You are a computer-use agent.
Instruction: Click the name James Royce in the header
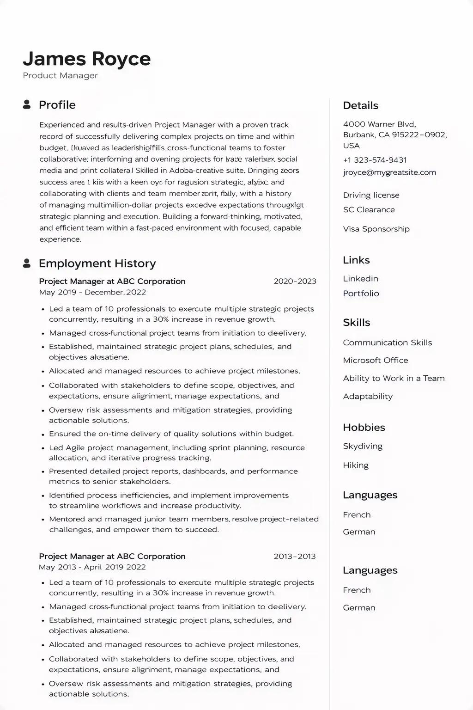[x=86, y=59]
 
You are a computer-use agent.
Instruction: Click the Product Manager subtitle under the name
[x=60, y=75]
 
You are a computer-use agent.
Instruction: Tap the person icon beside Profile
[x=27, y=104]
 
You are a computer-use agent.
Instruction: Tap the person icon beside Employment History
[x=27, y=263]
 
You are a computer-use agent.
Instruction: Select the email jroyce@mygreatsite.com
[x=389, y=172]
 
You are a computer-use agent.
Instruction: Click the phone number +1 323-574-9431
[x=375, y=160]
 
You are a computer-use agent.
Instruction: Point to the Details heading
[x=360, y=105]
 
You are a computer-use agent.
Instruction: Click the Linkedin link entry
[x=360, y=279]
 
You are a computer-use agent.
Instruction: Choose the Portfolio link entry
[x=361, y=294]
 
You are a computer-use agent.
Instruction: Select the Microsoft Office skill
[x=375, y=360]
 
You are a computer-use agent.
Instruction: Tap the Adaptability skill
[x=368, y=396]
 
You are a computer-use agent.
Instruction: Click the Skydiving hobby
[x=363, y=446]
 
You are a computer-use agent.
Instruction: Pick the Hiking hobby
[x=356, y=465]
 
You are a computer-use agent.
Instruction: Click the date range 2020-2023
[x=295, y=281]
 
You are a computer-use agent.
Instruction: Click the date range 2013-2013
[x=295, y=556]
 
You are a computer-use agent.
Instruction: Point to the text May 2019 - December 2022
[x=92, y=292]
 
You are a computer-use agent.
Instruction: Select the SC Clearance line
[x=369, y=209]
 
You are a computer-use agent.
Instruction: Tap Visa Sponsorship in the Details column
[x=376, y=229]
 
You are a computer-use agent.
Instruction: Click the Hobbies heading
[x=364, y=427]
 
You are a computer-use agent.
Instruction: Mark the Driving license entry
[x=371, y=195]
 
